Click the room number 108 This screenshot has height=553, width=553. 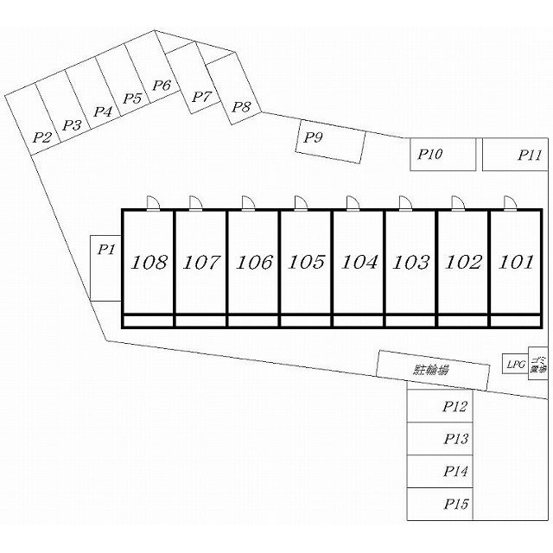click(x=149, y=262)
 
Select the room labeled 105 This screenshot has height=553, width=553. click(x=306, y=262)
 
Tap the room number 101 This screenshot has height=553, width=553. click(x=516, y=262)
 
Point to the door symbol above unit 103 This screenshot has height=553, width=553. click(x=404, y=202)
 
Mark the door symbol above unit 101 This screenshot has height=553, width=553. click(x=509, y=202)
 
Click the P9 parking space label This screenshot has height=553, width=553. click(x=314, y=137)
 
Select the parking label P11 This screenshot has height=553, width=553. click(x=530, y=156)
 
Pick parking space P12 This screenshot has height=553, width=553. click(x=455, y=406)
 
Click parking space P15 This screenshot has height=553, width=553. click(x=455, y=504)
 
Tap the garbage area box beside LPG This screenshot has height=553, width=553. click(x=537, y=364)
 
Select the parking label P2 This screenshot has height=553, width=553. click(x=42, y=137)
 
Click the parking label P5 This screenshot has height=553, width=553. click(x=132, y=99)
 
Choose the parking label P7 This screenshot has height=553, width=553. click(x=200, y=97)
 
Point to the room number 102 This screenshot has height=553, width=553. click(x=463, y=262)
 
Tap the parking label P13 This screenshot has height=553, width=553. click(x=455, y=439)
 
